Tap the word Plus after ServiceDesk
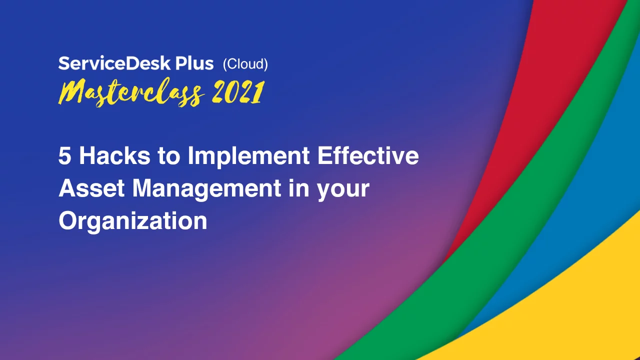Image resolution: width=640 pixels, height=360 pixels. pyautogui.click(x=194, y=63)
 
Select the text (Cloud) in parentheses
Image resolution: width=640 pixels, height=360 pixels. pyautogui.click(x=245, y=64)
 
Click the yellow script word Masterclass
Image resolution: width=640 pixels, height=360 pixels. pyautogui.click(x=131, y=92)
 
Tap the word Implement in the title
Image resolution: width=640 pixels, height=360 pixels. pyautogui.click(x=248, y=157)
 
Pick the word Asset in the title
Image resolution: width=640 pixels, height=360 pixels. pyautogui.click(x=91, y=188)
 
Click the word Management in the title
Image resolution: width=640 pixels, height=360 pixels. pyautogui.click(x=206, y=190)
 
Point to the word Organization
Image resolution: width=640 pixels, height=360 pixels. pyautogui.click(x=133, y=222)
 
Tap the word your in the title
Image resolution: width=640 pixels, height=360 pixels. pyautogui.click(x=343, y=190)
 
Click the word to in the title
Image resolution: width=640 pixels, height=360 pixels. pyautogui.click(x=168, y=156)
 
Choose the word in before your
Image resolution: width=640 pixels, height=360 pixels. pyautogui.click(x=299, y=188)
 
